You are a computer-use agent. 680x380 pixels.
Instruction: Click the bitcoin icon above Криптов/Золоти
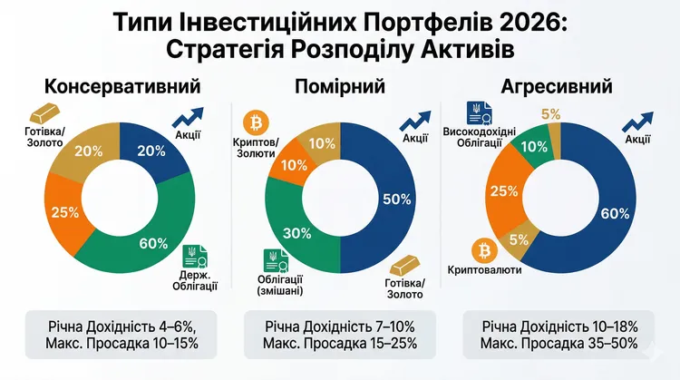point(256,121)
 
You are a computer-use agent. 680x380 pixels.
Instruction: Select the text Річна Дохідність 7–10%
point(339,324)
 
